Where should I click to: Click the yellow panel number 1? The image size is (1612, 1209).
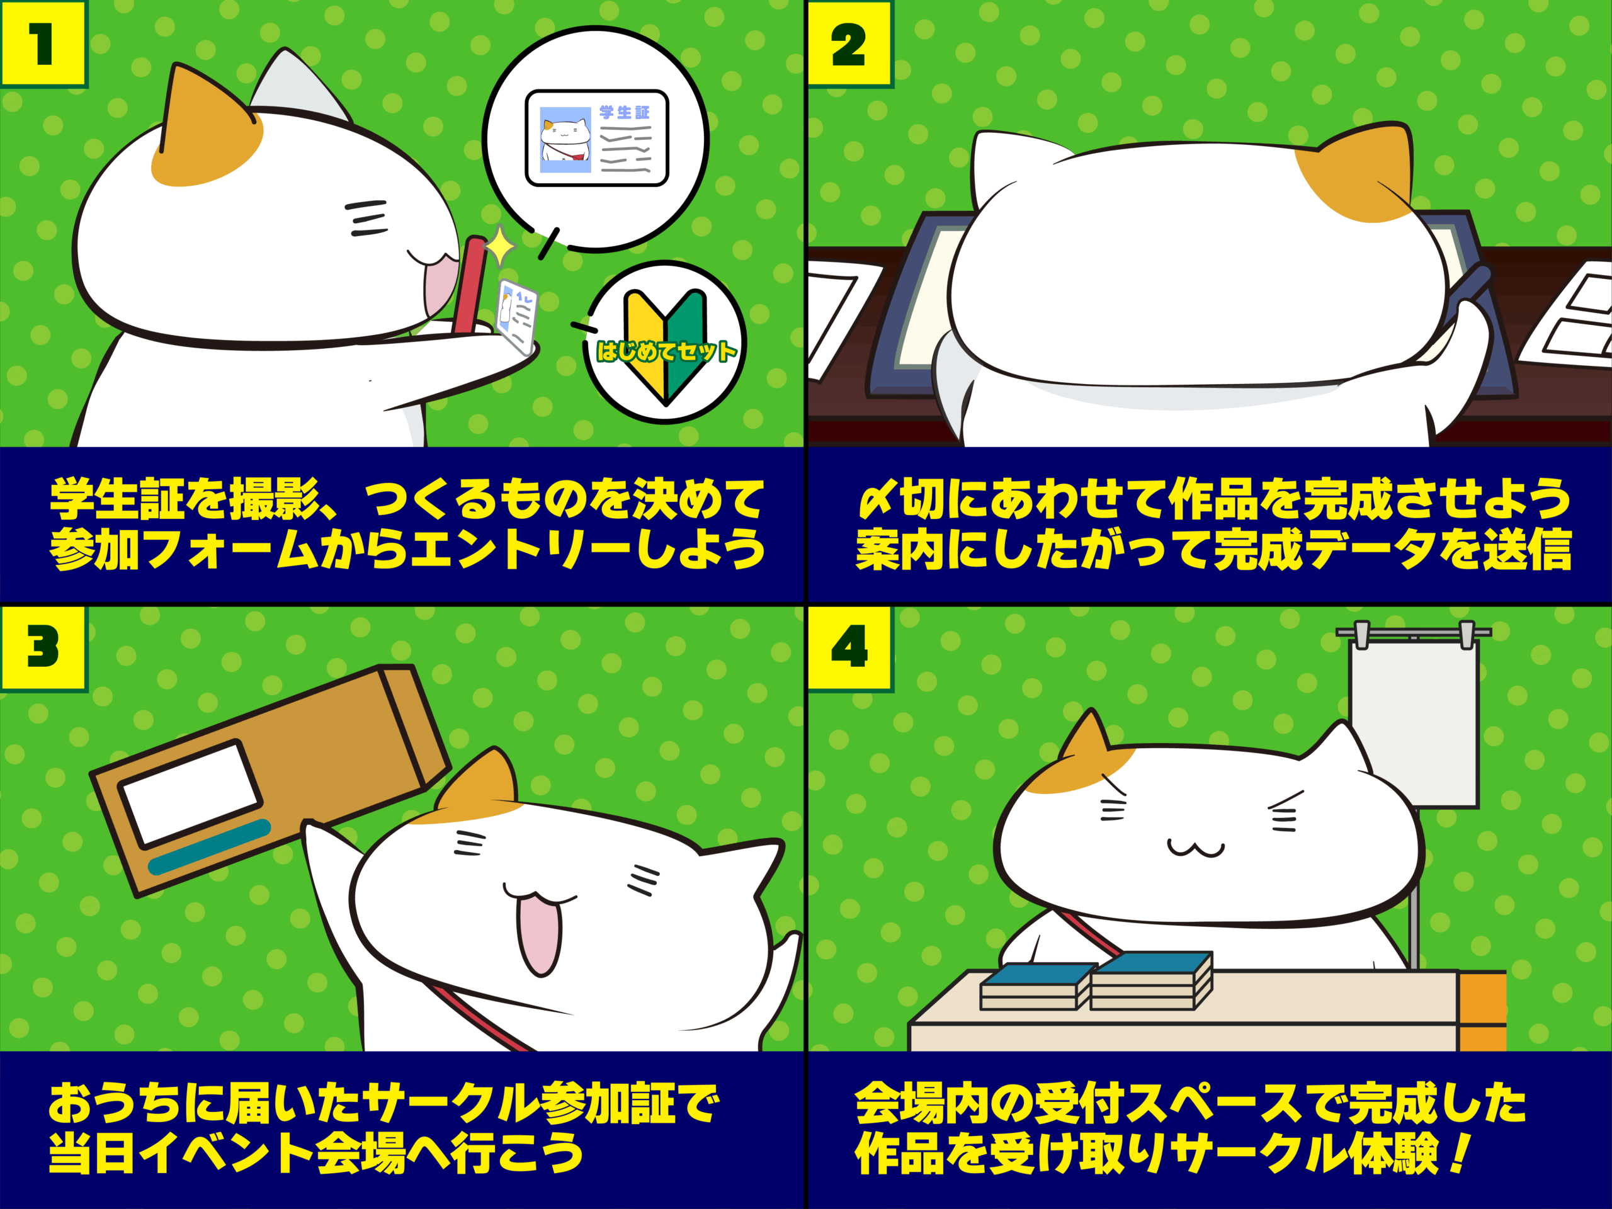pyautogui.click(x=42, y=43)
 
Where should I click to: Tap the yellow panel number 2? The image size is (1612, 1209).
pyautogui.click(x=849, y=43)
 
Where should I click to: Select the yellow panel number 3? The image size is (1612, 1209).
pyautogui.click(x=42, y=647)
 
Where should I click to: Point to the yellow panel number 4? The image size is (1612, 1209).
pyautogui.click(x=849, y=647)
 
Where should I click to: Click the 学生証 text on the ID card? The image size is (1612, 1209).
pyautogui.click(x=624, y=112)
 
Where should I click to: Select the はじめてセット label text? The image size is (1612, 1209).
pyautogui.click(x=666, y=352)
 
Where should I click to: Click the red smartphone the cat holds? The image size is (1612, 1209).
pyautogui.click(x=470, y=284)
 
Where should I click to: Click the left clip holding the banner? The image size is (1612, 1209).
pyautogui.click(x=1361, y=634)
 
